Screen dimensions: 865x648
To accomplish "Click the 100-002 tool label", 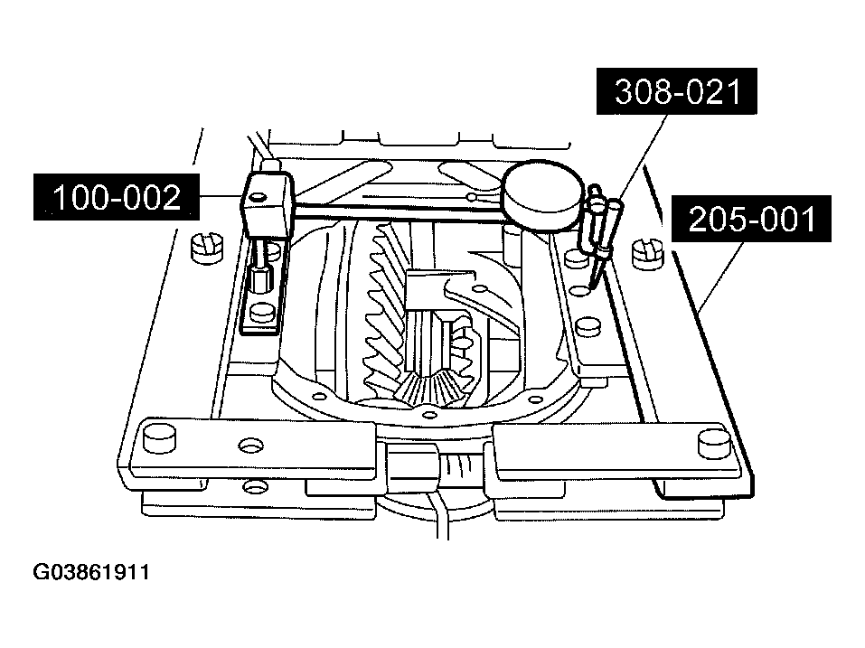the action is [x=117, y=197].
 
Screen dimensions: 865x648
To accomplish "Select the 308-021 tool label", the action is [x=677, y=91].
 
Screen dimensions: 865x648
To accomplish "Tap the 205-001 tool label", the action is [x=751, y=219].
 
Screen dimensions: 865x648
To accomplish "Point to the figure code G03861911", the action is [x=91, y=572].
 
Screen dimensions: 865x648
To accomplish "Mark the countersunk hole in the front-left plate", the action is [x=251, y=445].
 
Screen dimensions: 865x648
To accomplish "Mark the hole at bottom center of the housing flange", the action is [x=429, y=415].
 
